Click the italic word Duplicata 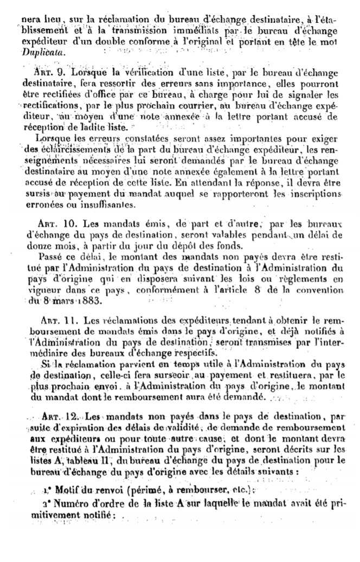[x=37, y=53]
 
